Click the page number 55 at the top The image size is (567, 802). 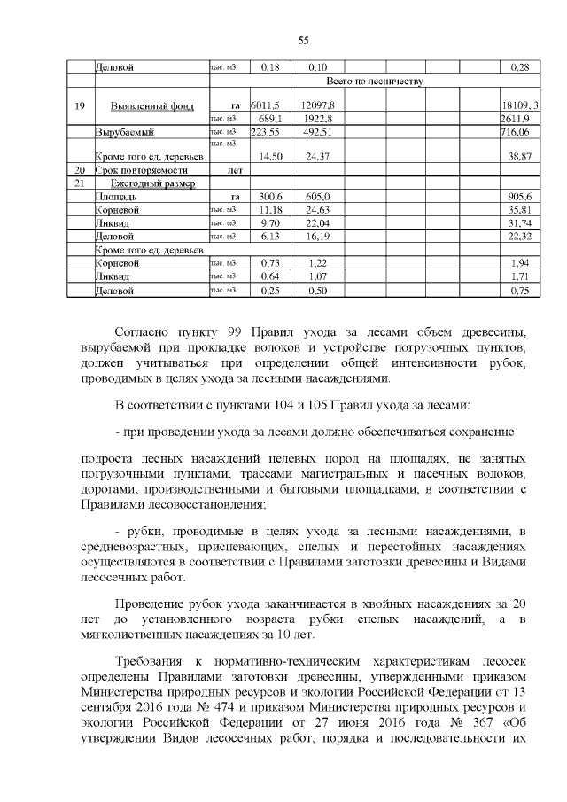[302, 41]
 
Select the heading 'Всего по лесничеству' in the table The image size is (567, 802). [375, 81]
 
